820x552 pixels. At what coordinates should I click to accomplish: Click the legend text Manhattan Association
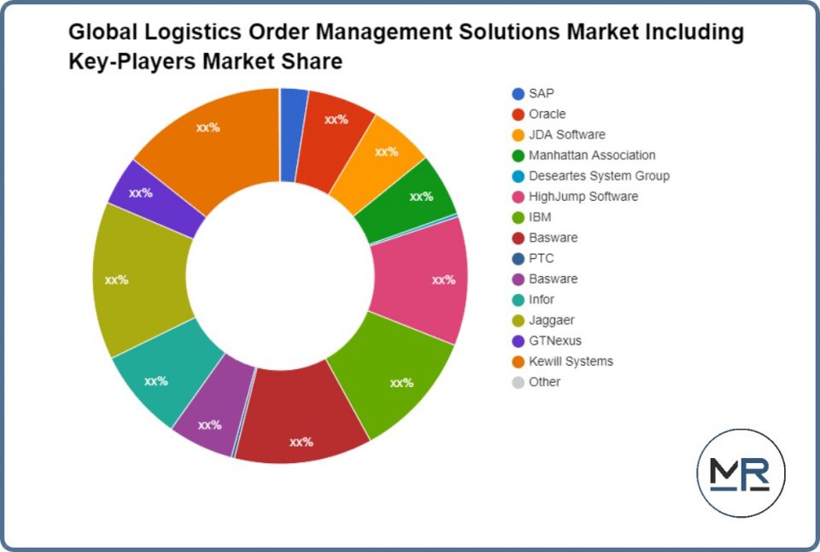[592, 156]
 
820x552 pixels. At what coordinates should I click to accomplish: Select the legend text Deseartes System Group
[599, 176]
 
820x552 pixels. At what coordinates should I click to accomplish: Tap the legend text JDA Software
[566, 135]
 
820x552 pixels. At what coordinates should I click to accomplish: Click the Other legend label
[544, 382]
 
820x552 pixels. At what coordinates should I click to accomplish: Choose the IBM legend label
[540, 217]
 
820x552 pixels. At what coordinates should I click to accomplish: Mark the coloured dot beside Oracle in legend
[518, 115]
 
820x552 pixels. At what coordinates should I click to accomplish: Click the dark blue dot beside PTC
[518, 259]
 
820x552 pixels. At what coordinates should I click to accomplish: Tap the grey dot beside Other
[518, 382]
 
